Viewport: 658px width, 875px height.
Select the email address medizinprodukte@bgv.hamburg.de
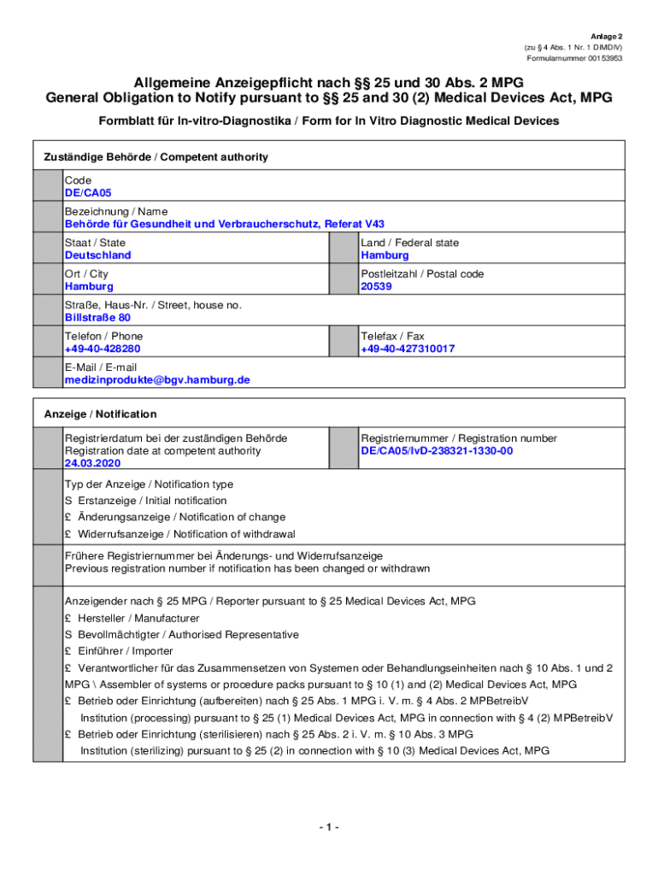pos(157,380)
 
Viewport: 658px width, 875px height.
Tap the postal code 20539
pos(376,287)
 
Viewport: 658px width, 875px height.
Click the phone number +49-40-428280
pos(103,349)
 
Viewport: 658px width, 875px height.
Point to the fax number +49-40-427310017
pos(408,349)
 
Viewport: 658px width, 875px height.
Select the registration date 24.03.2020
pos(93,463)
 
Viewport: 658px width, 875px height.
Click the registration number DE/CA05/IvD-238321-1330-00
pos(437,451)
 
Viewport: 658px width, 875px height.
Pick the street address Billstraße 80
pos(97,318)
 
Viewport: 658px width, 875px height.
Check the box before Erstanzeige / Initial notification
pos(68,501)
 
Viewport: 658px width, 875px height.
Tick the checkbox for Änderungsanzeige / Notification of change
pos(68,517)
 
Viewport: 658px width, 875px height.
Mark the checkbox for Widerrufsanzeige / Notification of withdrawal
pos(68,534)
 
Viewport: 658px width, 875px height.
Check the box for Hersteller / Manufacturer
pos(68,618)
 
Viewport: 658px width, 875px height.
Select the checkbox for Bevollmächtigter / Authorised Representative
pos(68,635)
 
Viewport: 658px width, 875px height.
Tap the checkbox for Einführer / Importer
pos(68,651)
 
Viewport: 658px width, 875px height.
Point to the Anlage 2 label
pos(608,37)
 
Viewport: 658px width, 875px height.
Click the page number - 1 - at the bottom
pos(328,827)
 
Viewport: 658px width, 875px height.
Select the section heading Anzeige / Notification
pos(100,414)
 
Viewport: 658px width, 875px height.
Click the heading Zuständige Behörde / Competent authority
pos(156,157)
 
